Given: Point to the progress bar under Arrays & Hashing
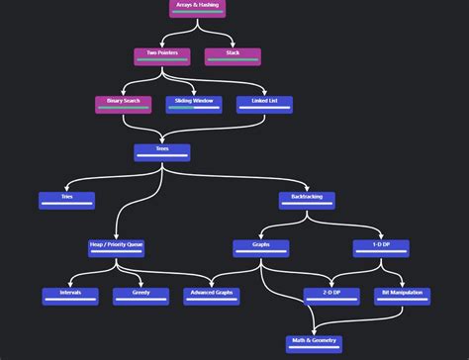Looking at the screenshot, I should pos(197,13).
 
